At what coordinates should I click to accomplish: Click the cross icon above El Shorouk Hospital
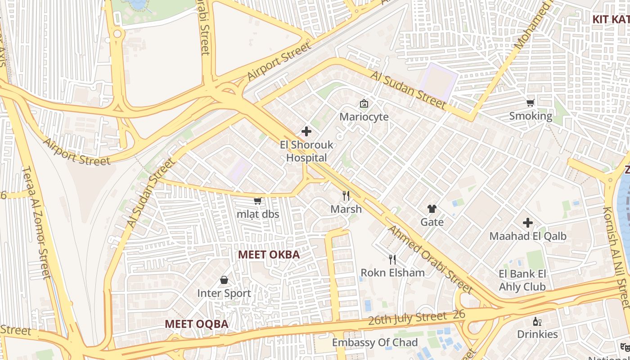tap(306, 131)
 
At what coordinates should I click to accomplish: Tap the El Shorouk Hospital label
tap(307, 151)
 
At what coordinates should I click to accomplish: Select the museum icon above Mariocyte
tap(364, 104)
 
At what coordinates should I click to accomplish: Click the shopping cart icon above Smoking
tap(531, 103)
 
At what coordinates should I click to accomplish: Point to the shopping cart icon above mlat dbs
tap(258, 201)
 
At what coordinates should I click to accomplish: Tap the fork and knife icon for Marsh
tap(346, 196)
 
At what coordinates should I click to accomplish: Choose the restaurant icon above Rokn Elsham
tap(392, 259)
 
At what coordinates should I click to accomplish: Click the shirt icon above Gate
tap(432, 209)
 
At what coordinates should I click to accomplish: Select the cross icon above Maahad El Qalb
tap(527, 223)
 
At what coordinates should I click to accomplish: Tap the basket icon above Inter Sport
tap(224, 280)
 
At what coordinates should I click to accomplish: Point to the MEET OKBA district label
tap(269, 255)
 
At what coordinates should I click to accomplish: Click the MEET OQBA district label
tap(196, 324)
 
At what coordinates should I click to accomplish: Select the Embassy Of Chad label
tap(375, 343)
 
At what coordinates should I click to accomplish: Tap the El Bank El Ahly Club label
tap(522, 280)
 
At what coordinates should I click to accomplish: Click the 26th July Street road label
tap(407, 319)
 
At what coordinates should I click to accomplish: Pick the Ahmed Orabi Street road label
tap(430, 259)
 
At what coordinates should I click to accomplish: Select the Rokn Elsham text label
tap(392, 273)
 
